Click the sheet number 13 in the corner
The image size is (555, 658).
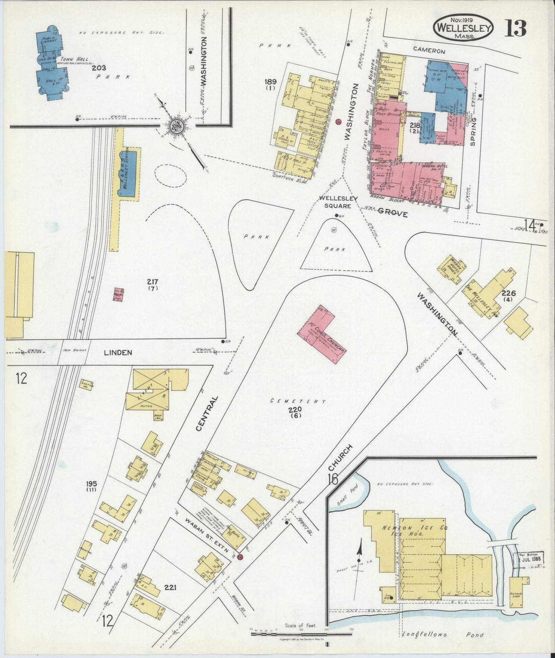click(x=515, y=28)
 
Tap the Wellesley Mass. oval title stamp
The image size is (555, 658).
click(x=463, y=28)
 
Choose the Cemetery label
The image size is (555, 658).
click(x=298, y=401)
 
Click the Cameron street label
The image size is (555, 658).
click(x=429, y=51)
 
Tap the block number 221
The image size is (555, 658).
click(x=170, y=587)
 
